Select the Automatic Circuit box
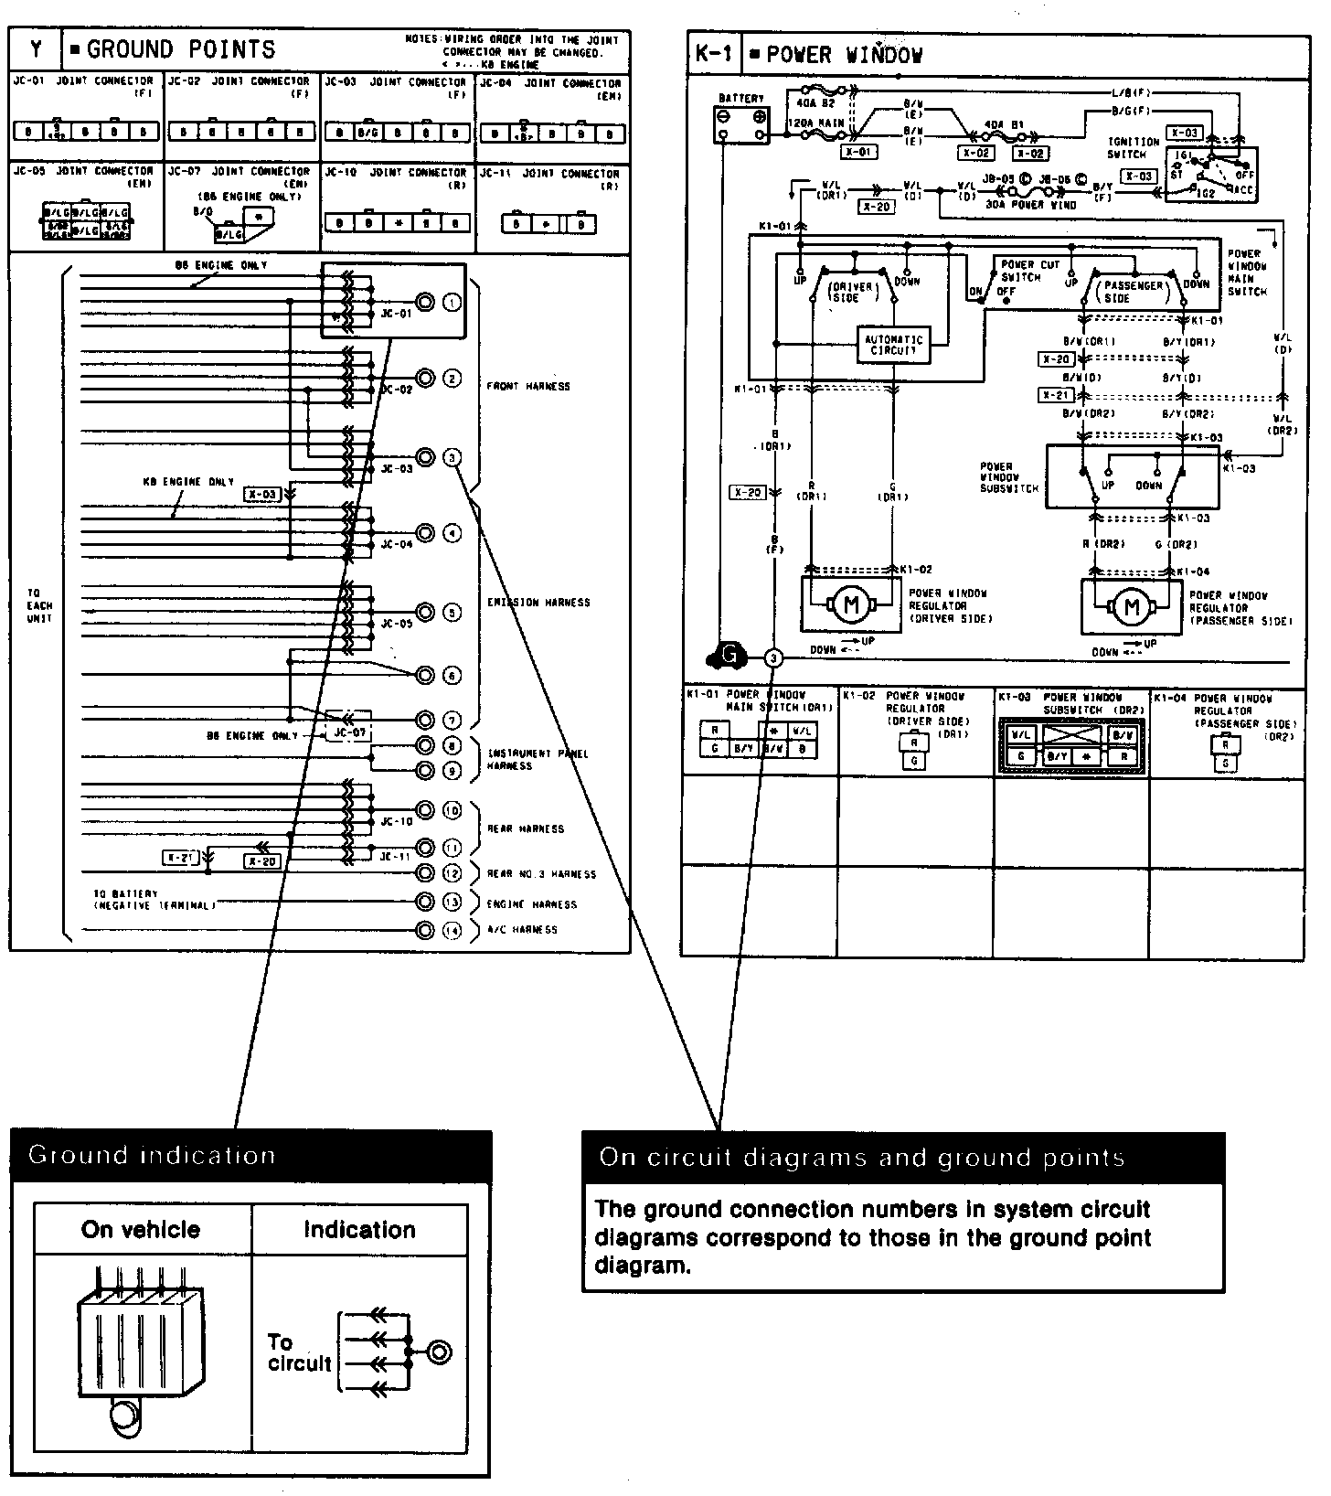pyautogui.click(x=893, y=345)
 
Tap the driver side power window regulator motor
pyautogui.click(x=851, y=604)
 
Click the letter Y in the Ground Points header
pyautogui.click(x=36, y=49)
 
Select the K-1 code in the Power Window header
pyautogui.click(x=713, y=54)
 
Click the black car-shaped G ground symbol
pyautogui.click(x=729, y=655)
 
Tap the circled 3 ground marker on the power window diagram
pyautogui.click(x=773, y=657)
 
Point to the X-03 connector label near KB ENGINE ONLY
pyautogui.click(x=262, y=495)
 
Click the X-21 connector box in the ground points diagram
pyautogui.click(x=181, y=858)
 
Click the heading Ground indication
pyautogui.click(x=152, y=1155)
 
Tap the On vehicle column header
pyautogui.click(x=141, y=1229)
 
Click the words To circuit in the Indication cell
pyautogui.click(x=298, y=1353)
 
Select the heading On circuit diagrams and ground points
pyautogui.click(x=862, y=1158)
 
